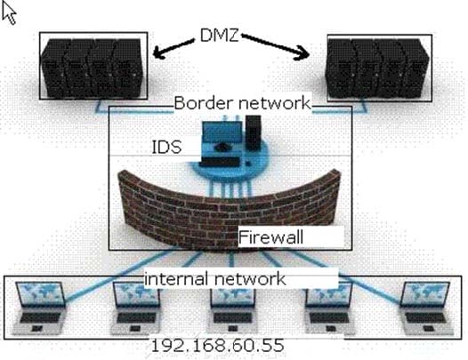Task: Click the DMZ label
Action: (220, 36)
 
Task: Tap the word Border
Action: (203, 103)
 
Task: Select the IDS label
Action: (166, 147)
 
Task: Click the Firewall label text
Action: (270, 237)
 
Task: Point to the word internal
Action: (176, 278)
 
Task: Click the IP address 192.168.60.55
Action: (218, 346)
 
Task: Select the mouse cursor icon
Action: (9, 14)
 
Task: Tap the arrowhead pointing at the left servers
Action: (158, 52)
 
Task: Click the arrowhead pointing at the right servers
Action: (303, 53)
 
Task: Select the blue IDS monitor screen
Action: (222, 133)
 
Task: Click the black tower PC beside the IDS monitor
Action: (253, 132)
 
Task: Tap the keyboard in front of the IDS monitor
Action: (220, 163)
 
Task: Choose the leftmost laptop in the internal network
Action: (40, 308)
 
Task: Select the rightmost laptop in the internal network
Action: (425, 308)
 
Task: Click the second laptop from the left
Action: (136, 308)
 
